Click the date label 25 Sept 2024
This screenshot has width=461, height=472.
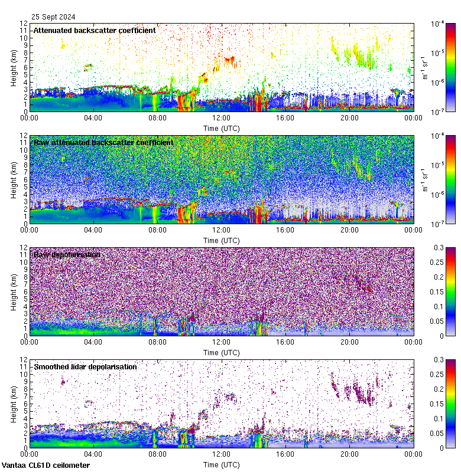point(54,17)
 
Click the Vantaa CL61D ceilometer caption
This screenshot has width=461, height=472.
point(46,466)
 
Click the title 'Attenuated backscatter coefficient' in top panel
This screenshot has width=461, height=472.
point(95,30)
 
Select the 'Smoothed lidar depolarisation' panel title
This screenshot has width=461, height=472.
point(85,366)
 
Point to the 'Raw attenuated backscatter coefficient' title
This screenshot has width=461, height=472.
point(103,142)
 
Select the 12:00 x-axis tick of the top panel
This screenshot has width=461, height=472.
point(222,117)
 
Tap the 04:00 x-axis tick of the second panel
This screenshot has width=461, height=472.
point(93,230)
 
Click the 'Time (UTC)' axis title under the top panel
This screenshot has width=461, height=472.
point(222,128)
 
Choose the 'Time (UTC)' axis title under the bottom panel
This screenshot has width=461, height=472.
point(222,464)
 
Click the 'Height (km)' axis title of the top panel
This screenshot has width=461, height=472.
point(14,67)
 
